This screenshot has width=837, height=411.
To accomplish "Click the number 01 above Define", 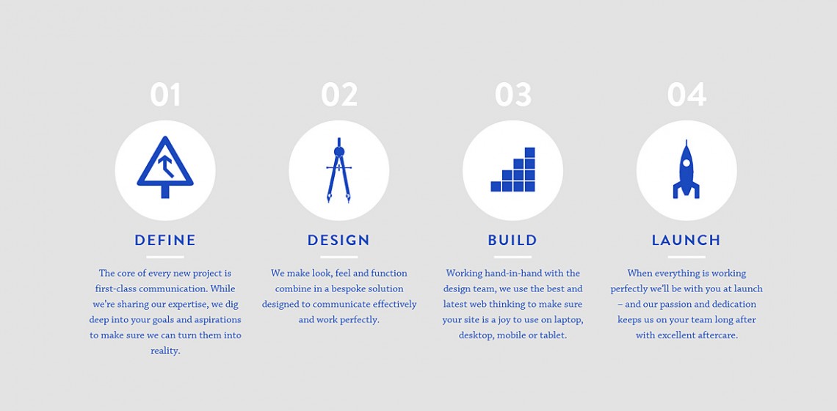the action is point(165,95).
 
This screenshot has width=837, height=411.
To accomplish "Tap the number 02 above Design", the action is point(339,95).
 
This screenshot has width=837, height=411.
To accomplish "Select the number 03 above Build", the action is point(513,95).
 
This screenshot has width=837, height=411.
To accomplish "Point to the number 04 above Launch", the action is point(686,95).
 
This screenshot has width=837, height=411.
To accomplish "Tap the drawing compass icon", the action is point(339,170).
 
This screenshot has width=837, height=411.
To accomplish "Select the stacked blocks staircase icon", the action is point(513,170).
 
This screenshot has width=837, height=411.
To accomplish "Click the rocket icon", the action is point(686,170).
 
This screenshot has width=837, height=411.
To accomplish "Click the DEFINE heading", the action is point(165,240).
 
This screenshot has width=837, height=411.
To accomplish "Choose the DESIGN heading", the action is point(339,240).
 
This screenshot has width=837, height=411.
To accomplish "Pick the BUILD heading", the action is point(513,240).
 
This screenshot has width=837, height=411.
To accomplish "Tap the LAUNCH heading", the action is point(686,240).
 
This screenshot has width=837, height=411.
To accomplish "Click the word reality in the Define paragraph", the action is point(164,352).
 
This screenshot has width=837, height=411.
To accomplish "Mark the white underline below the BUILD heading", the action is point(513,258).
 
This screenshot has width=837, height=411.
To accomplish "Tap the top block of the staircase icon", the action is point(529,153).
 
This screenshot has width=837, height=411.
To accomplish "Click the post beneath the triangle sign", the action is point(165,192).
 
